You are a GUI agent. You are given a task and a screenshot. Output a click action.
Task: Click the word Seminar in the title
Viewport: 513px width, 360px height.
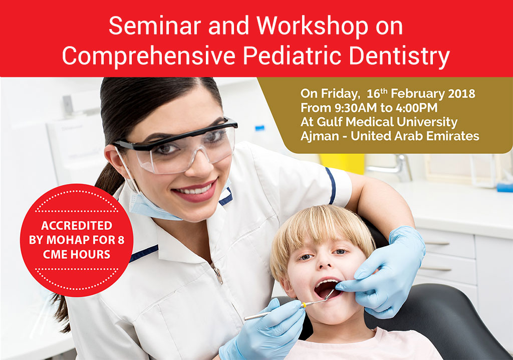pyautogui.click(x=154, y=26)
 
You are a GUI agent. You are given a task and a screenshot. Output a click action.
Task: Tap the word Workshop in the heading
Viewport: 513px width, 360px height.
pyautogui.click(x=312, y=26)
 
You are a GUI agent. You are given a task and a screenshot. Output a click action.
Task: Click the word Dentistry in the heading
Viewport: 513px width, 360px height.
pyautogui.click(x=399, y=56)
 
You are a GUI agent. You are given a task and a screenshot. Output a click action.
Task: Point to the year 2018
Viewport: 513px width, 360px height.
pyautogui.click(x=461, y=94)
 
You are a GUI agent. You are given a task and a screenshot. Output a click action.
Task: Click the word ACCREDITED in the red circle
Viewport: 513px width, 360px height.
pyautogui.click(x=77, y=226)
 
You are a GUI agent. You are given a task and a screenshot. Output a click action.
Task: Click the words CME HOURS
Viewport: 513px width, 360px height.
pyautogui.click(x=77, y=255)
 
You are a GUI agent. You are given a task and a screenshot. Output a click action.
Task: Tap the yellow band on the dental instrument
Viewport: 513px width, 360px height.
pyautogui.click(x=304, y=305)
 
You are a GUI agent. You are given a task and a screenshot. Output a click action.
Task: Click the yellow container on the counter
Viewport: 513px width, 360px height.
pyautogui.click(x=342, y=164)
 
